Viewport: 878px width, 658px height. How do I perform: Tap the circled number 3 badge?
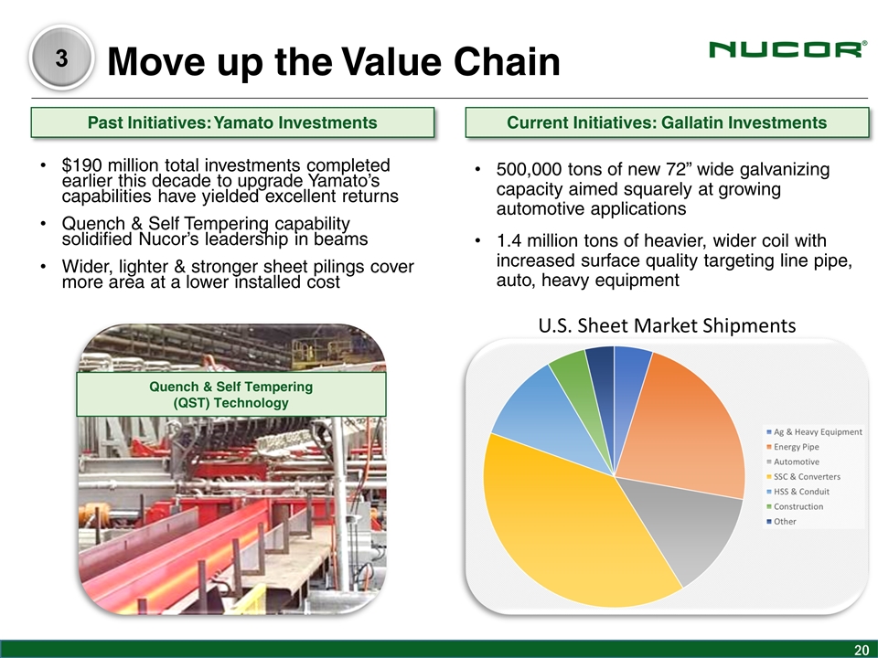pyautogui.click(x=61, y=58)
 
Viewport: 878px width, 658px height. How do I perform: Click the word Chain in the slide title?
pyautogui.click(x=507, y=60)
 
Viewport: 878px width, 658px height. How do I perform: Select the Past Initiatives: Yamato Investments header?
pyautogui.click(x=232, y=122)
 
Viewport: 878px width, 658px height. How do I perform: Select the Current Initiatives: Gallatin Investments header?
pyautogui.click(x=667, y=122)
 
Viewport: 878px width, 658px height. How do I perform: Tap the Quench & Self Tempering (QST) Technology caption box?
pyautogui.click(x=231, y=395)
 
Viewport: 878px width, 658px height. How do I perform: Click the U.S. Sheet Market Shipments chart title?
pyautogui.click(x=667, y=325)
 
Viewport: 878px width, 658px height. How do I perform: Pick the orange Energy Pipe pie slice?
pyautogui.click(x=689, y=425)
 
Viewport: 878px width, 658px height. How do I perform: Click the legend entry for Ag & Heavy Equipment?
pyautogui.click(x=815, y=432)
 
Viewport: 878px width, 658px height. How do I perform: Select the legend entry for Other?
pyautogui.click(x=782, y=522)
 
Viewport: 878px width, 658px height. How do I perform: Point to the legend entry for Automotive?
pyautogui.click(x=794, y=462)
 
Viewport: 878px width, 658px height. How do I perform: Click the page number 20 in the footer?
pyautogui.click(x=861, y=650)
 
